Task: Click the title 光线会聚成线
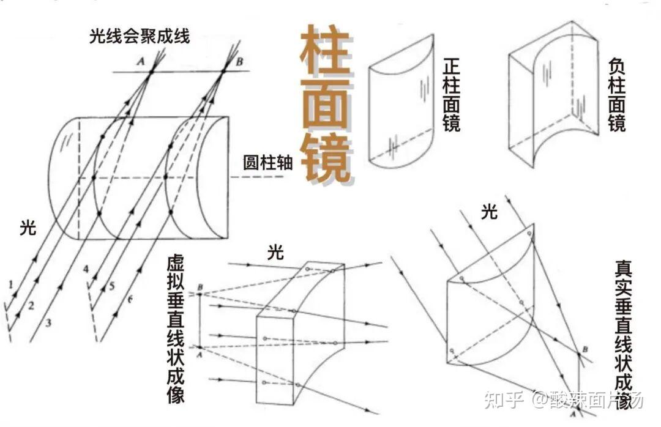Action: pos(139,36)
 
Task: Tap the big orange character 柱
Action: pos(324,52)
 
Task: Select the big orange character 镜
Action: pos(324,159)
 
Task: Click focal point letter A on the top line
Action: pos(141,61)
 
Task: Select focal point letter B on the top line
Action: pos(239,61)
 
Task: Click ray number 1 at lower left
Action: pos(11,284)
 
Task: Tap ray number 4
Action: pos(86,269)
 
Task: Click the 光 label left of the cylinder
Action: pos(28,229)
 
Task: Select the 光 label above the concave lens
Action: pos(276,252)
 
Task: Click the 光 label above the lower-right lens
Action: pos(489,212)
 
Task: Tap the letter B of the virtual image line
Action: pos(200,286)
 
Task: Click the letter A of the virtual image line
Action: pos(200,354)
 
